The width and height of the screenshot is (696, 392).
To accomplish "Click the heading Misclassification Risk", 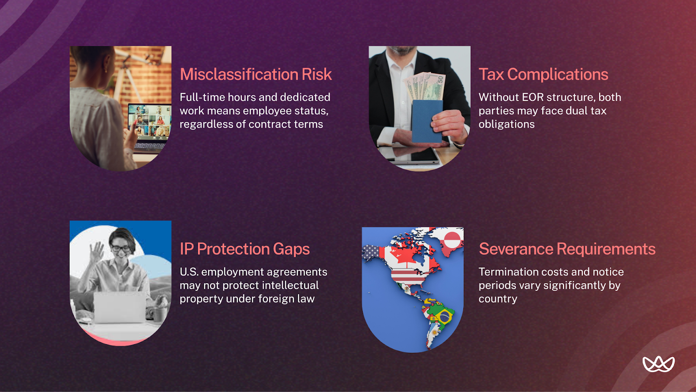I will pos(256,74).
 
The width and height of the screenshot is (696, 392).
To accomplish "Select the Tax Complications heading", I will pos(543,74).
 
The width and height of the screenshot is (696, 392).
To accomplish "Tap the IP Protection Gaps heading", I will pos(244,249).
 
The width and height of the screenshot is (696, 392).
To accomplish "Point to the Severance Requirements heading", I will pos(567,249).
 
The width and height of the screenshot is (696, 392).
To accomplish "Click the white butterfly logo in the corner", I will pos(659,364).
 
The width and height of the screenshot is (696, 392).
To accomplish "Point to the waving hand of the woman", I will pos(96,252).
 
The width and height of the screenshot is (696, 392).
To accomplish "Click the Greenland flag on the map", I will pos(452,240).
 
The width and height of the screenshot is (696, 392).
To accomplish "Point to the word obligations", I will pos(506,124).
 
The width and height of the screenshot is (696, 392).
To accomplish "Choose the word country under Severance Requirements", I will pos(498,299).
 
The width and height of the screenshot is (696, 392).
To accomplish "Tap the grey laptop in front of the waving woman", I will pos(120,308).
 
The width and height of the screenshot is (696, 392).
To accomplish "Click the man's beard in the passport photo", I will pos(403,51).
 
